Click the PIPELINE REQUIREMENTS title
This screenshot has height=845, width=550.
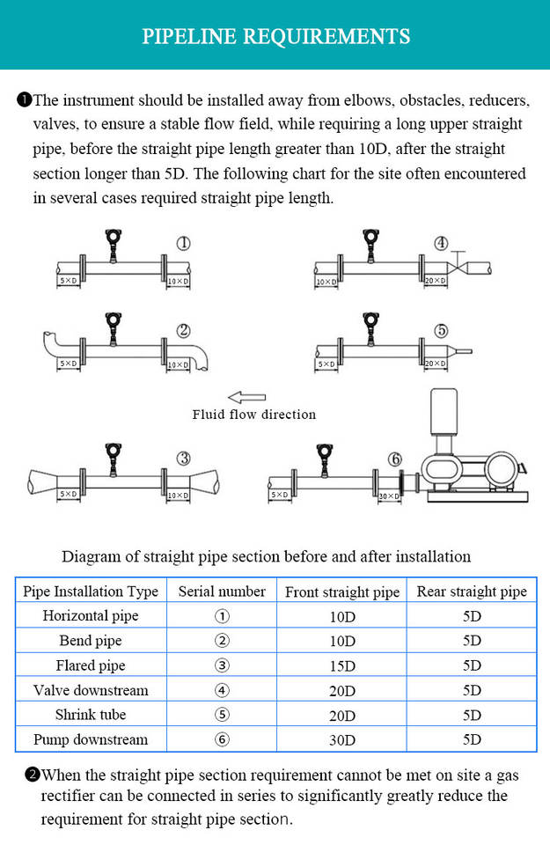pos(275,36)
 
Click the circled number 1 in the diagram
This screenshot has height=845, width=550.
pos(183,244)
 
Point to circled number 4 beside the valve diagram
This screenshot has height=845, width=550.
pos(440,244)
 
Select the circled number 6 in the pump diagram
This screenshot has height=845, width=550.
pos(395,459)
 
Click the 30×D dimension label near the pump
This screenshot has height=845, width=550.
pos(388,496)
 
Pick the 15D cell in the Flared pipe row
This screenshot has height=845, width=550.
pos(341,665)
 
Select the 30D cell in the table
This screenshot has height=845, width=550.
pos(341,739)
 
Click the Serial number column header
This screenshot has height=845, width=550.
pos(222,591)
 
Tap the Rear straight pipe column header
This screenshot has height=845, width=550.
pos(472,591)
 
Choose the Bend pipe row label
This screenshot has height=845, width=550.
pos(91,641)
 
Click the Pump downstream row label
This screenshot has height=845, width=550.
pos(91,739)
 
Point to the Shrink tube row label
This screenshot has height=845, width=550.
pos(91,715)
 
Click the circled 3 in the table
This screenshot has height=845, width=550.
pos(222,665)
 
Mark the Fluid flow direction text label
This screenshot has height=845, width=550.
pos(253,415)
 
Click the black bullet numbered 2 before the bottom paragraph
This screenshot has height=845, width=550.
pos(33,775)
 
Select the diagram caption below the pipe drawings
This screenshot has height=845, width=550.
pos(266,556)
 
